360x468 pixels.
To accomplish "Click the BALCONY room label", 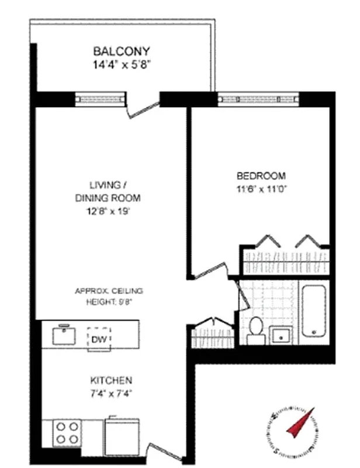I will click(x=122, y=50).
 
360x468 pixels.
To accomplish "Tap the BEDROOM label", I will click(x=261, y=175).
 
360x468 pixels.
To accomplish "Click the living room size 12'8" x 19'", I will click(x=108, y=212).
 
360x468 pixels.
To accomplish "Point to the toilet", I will click(x=255, y=329).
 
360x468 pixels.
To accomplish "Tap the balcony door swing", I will click(x=144, y=108).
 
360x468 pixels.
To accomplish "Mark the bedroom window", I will click(x=258, y=99).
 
